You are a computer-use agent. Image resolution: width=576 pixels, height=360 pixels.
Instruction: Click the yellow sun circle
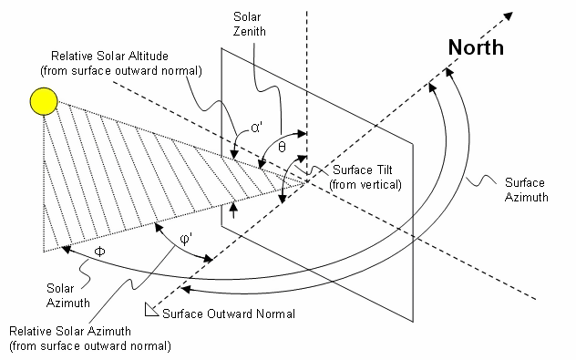pyautogui.click(x=42, y=101)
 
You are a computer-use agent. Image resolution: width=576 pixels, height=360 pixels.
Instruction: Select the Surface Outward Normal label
pyautogui.click(x=229, y=314)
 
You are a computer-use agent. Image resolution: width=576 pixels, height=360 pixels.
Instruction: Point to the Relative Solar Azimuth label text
pyautogui.click(x=88, y=338)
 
